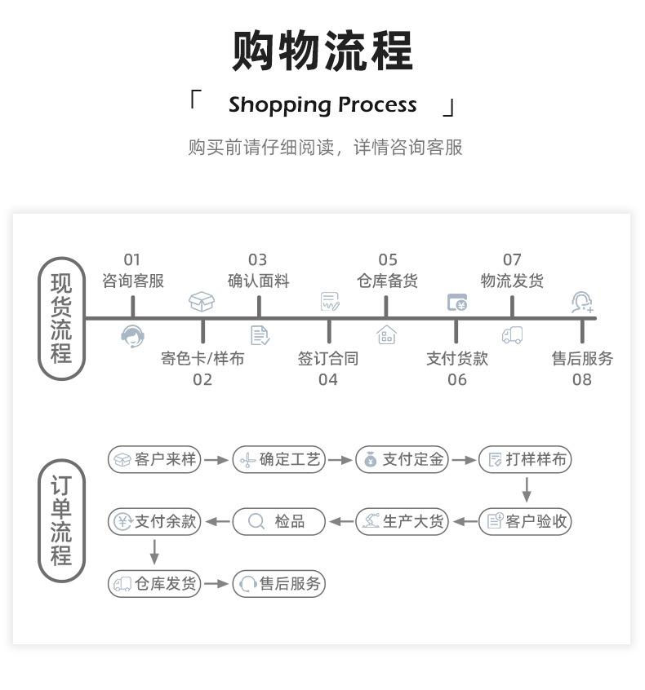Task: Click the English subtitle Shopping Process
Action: (x=322, y=105)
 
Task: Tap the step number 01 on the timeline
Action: (x=131, y=259)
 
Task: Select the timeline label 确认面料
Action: (x=259, y=281)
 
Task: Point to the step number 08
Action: (x=582, y=379)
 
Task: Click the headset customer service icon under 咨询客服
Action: (x=132, y=336)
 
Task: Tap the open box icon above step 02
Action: (x=202, y=302)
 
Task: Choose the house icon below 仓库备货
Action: (x=386, y=335)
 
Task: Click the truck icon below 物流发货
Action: (x=513, y=335)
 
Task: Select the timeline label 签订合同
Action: (x=328, y=358)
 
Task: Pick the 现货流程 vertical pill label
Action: (x=61, y=318)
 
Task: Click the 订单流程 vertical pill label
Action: (x=61, y=520)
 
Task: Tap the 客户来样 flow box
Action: (x=154, y=459)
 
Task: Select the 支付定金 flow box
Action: (x=403, y=459)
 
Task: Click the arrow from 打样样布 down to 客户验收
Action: (x=526, y=489)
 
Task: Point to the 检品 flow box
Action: (x=279, y=521)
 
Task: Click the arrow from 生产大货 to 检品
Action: (x=341, y=522)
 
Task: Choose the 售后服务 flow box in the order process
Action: (x=279, y=583)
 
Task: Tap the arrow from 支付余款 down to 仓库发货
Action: (x=154, y=552)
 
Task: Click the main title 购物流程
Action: (x=322, y=51)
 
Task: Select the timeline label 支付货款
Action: (x=457, y=358)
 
